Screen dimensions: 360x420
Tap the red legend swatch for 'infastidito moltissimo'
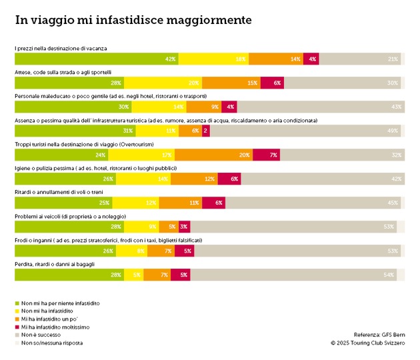[x=17, y=327]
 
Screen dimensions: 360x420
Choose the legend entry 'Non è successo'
[x=41, y=335]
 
